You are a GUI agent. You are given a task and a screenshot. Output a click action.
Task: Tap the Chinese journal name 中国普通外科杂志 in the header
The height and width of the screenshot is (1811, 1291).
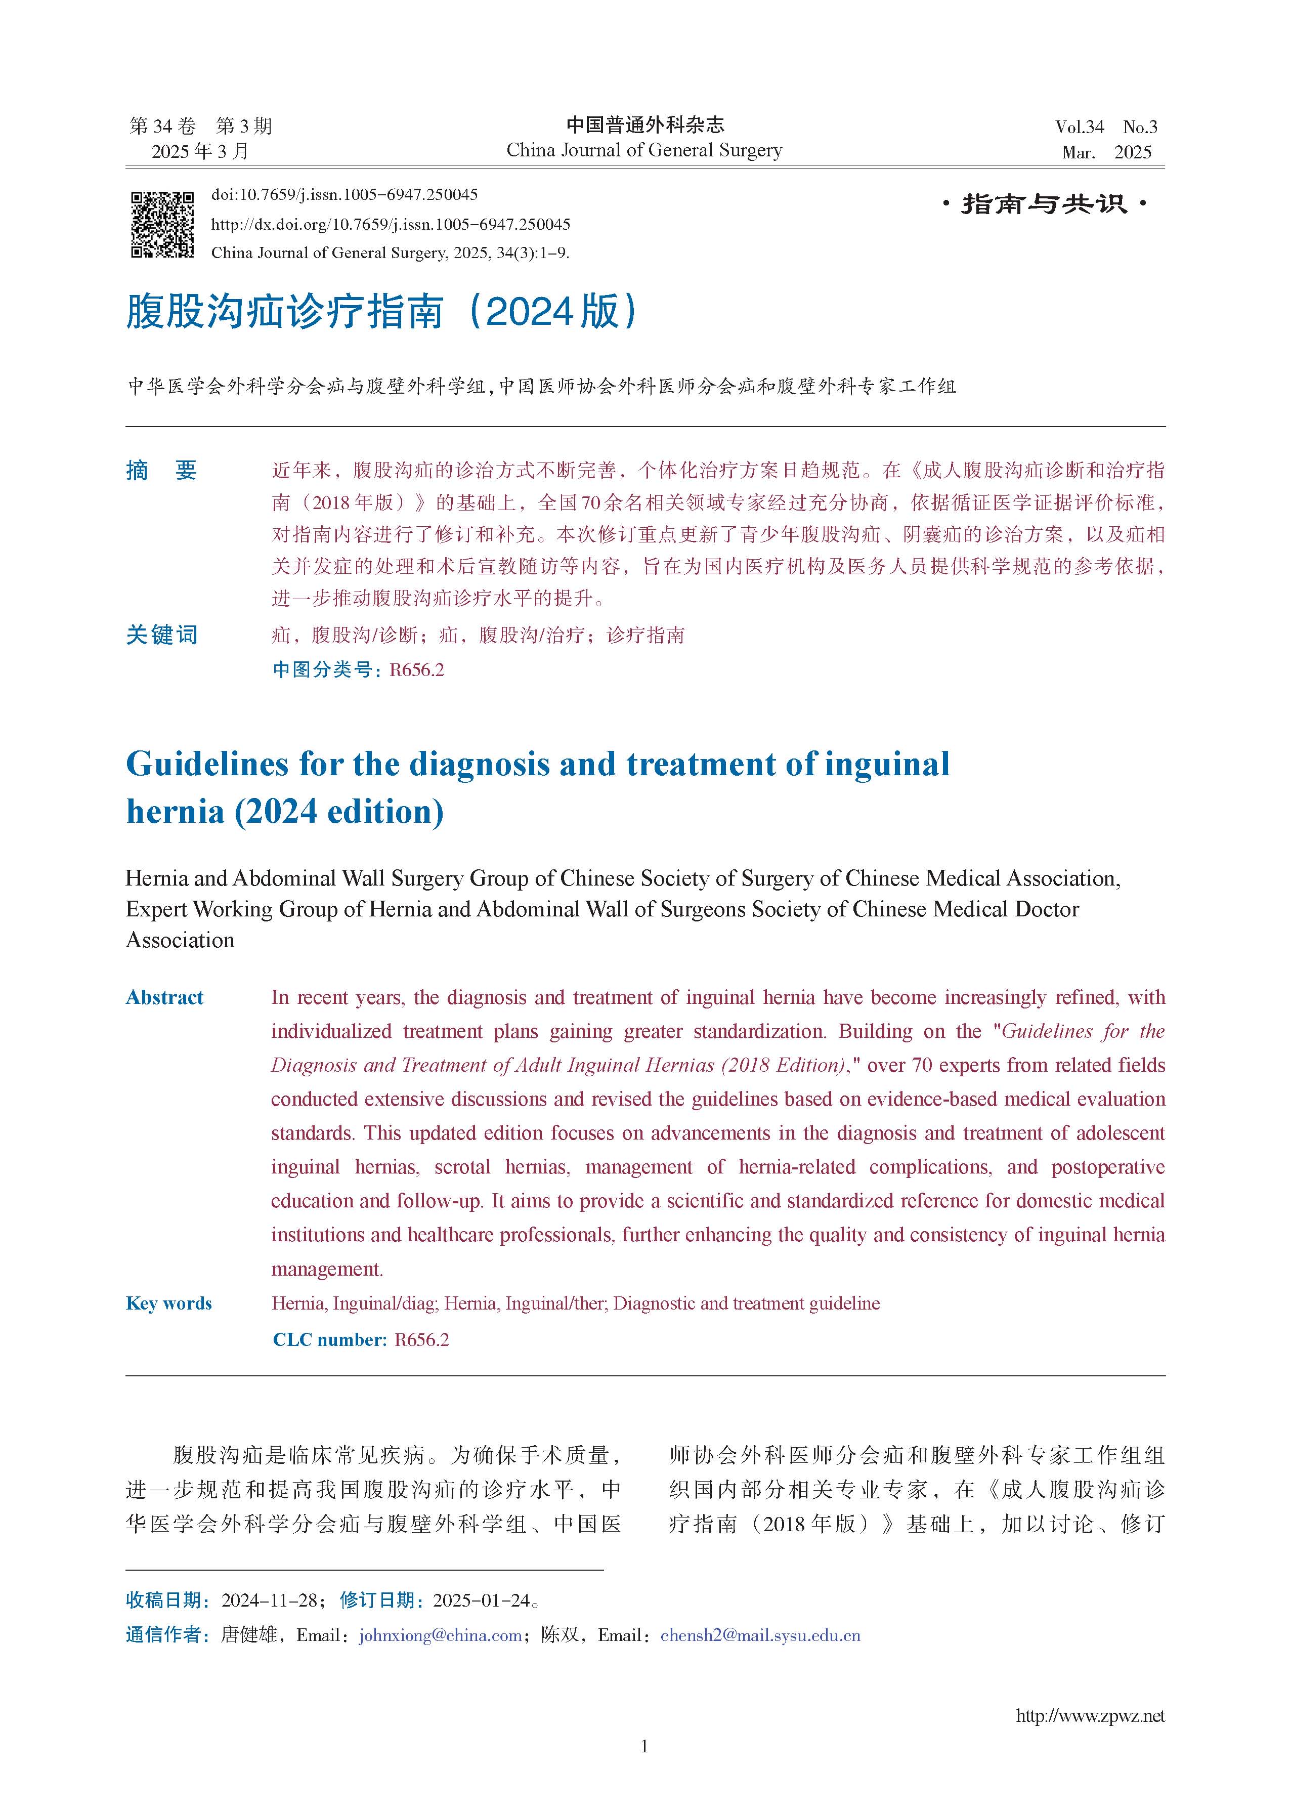tap(644, 125)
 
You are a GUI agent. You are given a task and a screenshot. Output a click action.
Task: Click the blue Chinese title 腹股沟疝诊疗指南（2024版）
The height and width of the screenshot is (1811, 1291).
tap(381, 311)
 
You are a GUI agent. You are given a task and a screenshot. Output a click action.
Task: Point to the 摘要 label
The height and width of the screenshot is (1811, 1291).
tap(161, 471)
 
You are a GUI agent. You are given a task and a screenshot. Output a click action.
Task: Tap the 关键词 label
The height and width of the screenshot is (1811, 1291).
tap(161, 635)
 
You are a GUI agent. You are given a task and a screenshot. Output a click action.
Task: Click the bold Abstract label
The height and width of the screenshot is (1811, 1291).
tap(164, 998)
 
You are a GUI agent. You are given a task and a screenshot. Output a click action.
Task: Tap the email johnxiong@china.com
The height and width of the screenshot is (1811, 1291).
tap(441, 1635)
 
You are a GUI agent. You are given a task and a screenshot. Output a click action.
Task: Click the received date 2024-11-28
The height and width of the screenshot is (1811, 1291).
tap(270, 1601)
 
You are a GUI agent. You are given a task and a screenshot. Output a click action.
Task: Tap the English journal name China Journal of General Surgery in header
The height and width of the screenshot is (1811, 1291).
tap(644, 150)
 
